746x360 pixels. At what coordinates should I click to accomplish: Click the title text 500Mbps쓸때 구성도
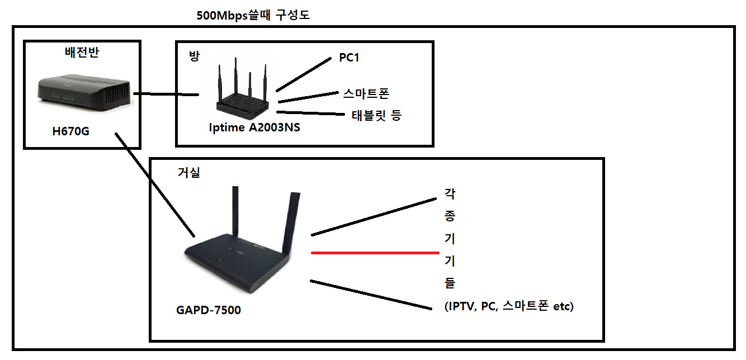(253, 16)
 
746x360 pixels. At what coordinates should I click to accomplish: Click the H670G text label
(70, 131)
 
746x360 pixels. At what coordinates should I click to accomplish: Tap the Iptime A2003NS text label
(254, 127)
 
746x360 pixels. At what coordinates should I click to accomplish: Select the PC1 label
(349, 58)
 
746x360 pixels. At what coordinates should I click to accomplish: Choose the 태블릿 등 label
(376, 116)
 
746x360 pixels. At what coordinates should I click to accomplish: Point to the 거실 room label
(188, 173)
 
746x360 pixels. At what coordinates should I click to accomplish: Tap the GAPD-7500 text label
(208, 310)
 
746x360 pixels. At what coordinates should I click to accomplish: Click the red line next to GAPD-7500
(375, 253)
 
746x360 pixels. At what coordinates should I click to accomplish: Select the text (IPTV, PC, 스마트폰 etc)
(508, 306)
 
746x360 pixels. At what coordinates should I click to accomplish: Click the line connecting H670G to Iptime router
(166, 94)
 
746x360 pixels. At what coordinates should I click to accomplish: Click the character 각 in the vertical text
(450, 194)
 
